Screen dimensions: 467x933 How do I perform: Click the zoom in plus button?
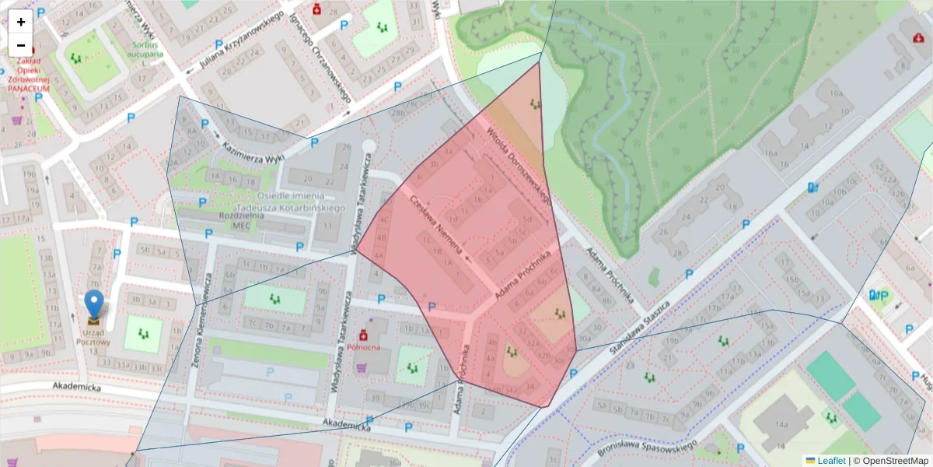coord(21,22)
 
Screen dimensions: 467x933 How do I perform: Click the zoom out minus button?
coord(21,45)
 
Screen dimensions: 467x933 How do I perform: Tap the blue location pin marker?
coord(93,304)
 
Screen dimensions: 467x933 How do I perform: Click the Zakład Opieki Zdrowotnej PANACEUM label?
coord(29,74)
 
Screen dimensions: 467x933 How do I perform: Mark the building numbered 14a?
coord(782,424)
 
